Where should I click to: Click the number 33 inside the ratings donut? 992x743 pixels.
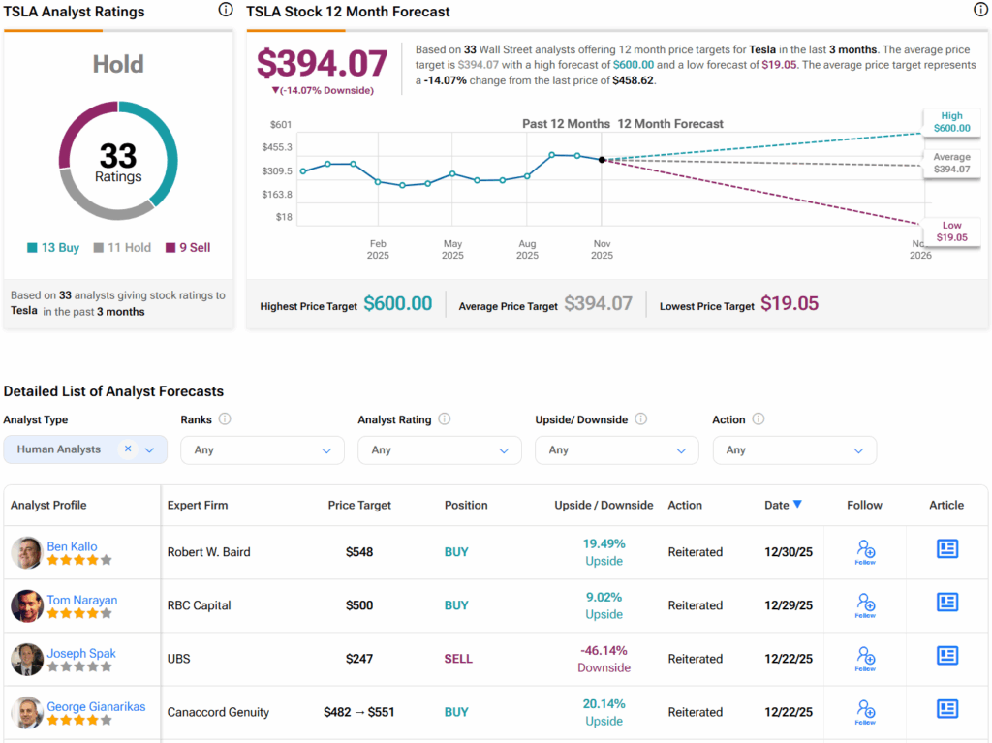tap(118, 156)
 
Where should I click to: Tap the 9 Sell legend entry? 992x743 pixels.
tap(188, 248)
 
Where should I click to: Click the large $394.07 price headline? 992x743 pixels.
tap(322, 64)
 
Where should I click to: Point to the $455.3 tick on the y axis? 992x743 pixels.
tap(277, 147)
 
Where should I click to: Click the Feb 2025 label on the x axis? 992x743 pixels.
tap(378, 250)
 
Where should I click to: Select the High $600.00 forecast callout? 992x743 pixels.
tap(951, 122)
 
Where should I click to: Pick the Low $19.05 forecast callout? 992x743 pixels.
tap(951, 232)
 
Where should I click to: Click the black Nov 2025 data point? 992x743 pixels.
tap(602, 160)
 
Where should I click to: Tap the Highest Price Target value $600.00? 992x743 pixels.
tap(397, 304)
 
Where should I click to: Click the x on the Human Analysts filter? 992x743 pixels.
tap(128, 449)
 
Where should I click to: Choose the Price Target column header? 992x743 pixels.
tap(359, 505)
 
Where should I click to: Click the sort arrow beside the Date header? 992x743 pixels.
tap(797, 504)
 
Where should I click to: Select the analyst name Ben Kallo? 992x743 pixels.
tap(72, 547)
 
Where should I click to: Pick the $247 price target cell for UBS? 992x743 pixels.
tap(359, 659)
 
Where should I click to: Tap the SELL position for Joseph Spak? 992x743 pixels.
tap(458, 659)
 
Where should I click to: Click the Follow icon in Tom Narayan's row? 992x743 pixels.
tap(865, 604)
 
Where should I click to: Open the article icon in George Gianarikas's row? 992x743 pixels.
tap(946, 709)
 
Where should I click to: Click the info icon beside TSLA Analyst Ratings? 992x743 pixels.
tap(226, 10)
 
